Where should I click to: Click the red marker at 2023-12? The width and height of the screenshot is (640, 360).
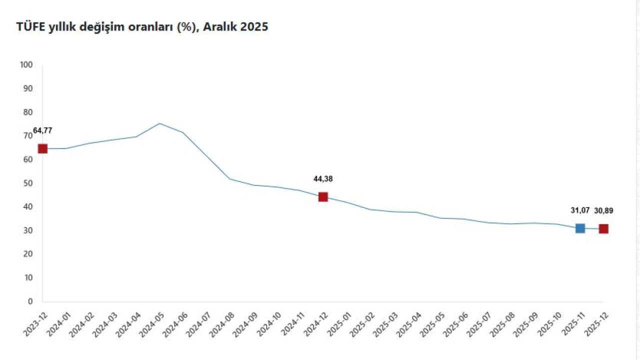(42, 148)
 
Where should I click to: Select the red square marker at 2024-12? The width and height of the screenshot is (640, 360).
(323, 197)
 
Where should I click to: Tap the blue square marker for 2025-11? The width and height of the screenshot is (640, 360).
(580, 228)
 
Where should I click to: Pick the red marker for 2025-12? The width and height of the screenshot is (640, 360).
(603, 228)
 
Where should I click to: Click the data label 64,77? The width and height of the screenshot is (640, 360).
(42, 131)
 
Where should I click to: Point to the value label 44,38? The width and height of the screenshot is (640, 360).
(323, 179)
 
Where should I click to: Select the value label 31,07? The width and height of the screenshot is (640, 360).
(580, 210)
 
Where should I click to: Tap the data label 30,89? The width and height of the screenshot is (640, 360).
(603, 210)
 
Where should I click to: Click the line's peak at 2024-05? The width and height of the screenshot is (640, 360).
(159, 123)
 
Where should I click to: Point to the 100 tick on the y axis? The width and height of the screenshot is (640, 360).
(26, 65)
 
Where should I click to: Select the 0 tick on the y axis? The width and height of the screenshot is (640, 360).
(30, 301)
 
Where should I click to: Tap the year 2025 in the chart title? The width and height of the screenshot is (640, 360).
(254, 27)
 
